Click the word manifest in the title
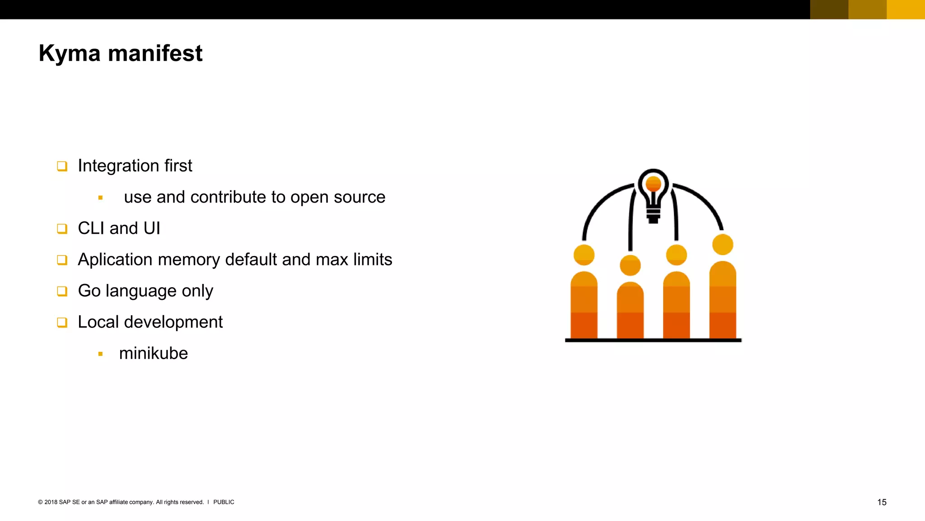pos(155,53)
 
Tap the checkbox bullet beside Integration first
pos(62,166)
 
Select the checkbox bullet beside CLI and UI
pos(62,229)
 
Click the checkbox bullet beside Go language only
pos(62,291)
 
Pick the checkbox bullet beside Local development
pos(62,322)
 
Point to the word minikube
pos(153,353)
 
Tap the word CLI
pos(91,228)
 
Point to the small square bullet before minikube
pos(100,354)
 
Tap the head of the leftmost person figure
pos(584,255)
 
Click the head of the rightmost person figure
pos(723,245)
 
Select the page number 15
pos(882,502)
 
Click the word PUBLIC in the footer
pos(224,502)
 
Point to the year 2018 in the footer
pos(51,502)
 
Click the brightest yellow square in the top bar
pos(906,9)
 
